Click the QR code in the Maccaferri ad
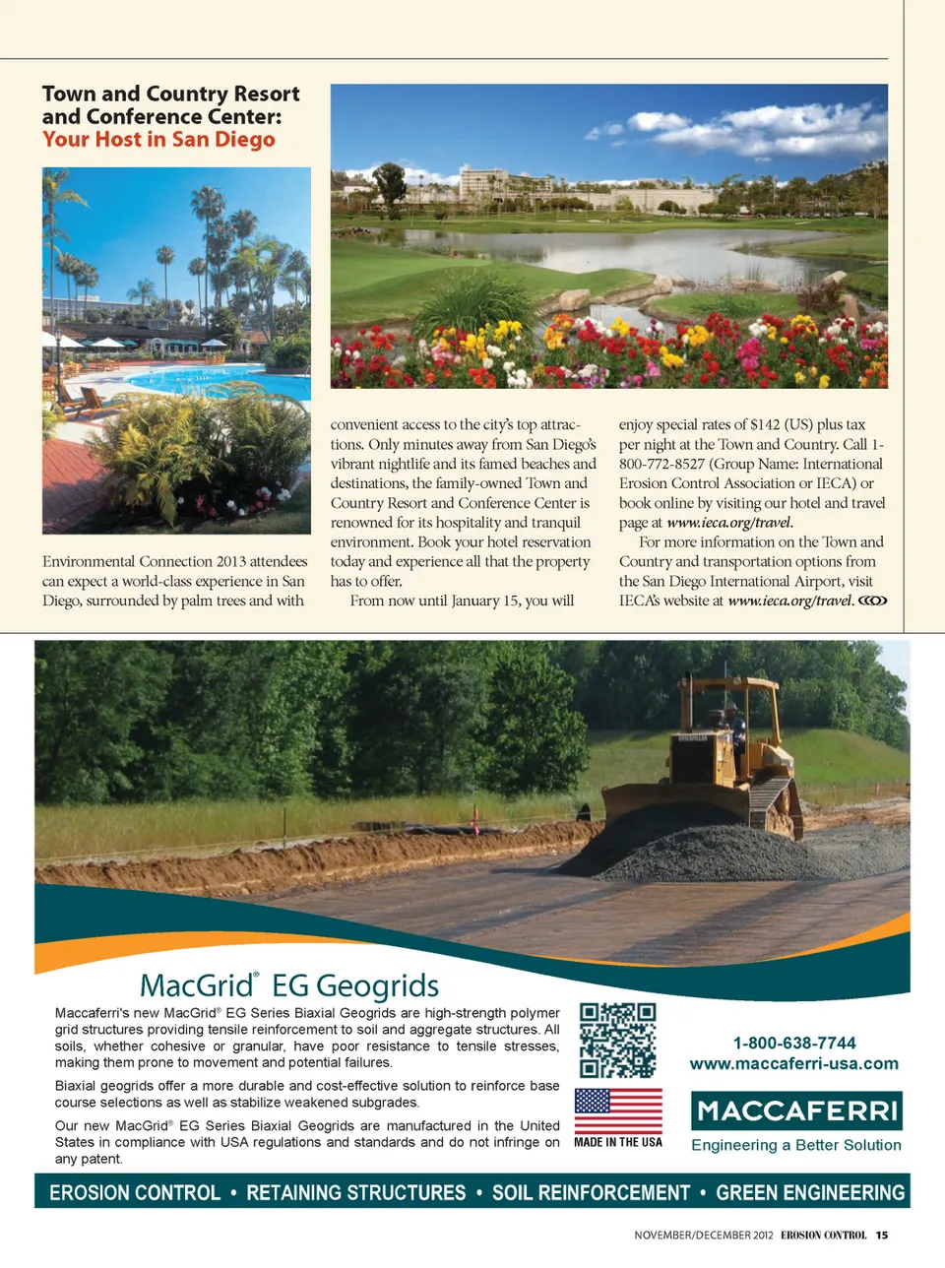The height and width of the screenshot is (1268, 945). click(617, 1040)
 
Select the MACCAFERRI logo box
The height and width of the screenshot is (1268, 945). click(796, 1110)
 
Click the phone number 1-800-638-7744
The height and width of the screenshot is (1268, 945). click(794, 1043)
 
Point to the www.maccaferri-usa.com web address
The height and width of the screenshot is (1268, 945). click(793, 1063)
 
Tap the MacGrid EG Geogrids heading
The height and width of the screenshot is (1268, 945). click(289, 985)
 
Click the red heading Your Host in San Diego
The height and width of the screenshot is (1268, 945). click(158, 140)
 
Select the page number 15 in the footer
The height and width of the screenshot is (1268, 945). click(882, 1235)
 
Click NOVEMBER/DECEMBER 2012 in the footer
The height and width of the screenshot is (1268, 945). click(704, 1235)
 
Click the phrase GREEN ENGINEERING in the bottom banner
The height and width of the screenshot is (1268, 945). click(810, 1192)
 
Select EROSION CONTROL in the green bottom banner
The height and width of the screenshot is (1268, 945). click(135, 1192)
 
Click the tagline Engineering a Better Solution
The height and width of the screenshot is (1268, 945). click(796, 1145)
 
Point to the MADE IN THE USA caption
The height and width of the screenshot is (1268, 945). click(618, 1142)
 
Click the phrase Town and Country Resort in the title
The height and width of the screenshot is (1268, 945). click(171, 95)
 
